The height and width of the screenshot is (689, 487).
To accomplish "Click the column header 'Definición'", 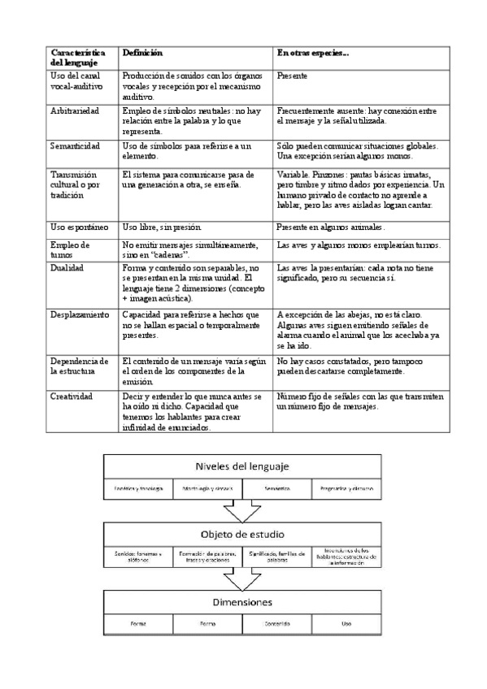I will click(x=142, y=52).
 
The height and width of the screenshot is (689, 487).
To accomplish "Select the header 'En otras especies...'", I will click(x=313, y=52).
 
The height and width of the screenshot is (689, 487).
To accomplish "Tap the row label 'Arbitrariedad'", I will click(x=75, y=110).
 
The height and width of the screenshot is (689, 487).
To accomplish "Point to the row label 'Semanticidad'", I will click(x=75, y=145).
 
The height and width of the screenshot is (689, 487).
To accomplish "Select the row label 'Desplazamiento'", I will click(x=80, y=314).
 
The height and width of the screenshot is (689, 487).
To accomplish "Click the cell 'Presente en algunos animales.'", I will click(x=331, y=227).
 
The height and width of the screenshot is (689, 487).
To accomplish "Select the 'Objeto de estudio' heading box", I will click(x=243, y=535).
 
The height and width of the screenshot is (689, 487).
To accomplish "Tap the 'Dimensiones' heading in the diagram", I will click(x=243, y=603).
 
